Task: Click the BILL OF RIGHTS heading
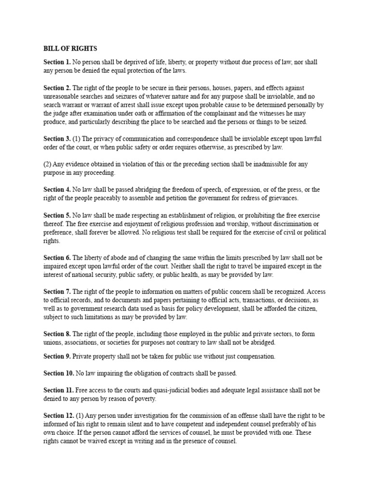click(x=70, y=49)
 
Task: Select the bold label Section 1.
click(x=57, y=62)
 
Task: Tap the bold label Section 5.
click(x=57, y=215)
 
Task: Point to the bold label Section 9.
click(x=57, y=356)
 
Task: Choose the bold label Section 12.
click(x=59, y=416)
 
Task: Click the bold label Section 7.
click(x=57, y=292)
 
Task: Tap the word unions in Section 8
click(x=52, y=342)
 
